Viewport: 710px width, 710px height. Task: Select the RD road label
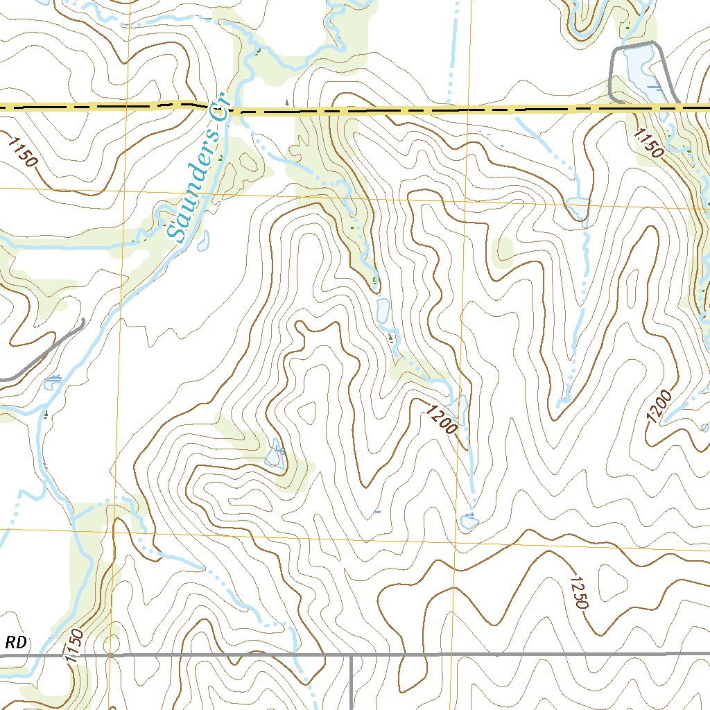17,643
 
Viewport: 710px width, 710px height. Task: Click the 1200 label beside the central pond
442,420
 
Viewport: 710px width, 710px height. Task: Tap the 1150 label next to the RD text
75,646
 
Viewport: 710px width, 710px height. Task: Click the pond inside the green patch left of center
276,456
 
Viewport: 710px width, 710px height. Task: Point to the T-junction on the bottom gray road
352,655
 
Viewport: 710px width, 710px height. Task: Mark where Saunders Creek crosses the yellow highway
231,109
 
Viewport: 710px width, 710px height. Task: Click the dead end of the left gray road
83,320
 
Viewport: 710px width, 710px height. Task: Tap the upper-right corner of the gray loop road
655,44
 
